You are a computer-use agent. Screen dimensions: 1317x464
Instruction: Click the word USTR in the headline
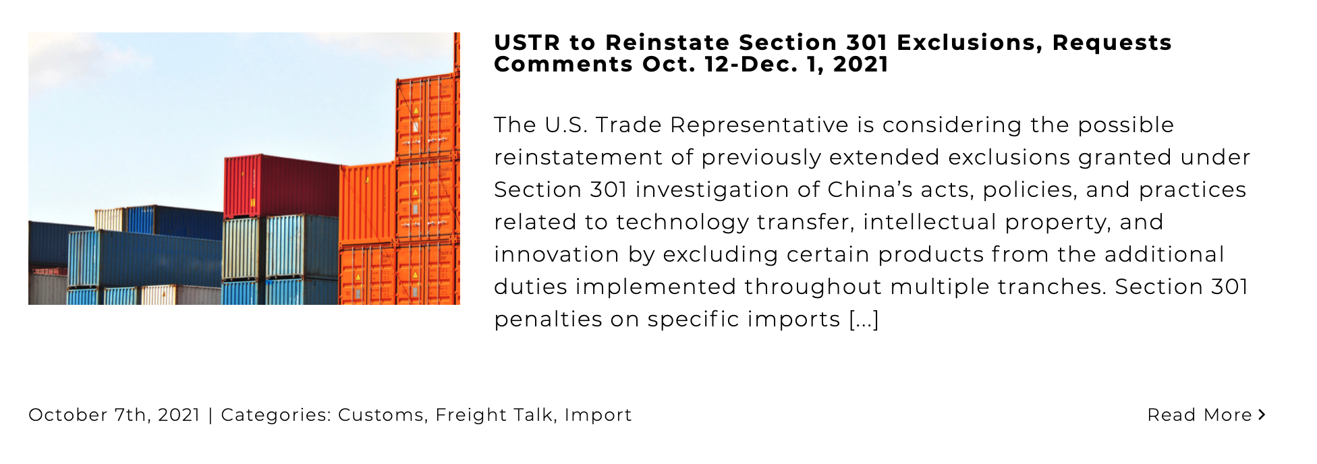pos(527,42)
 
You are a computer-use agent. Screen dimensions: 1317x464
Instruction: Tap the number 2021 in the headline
pos(861,64)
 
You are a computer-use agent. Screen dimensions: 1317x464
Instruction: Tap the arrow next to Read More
pos(1262,415)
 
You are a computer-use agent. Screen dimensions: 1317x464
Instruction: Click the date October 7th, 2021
pos(114,415)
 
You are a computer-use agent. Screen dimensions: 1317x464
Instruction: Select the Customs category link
pos(381,415)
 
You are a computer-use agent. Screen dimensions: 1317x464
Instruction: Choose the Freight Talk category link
pos(494,415)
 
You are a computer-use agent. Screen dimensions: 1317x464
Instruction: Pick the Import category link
pos(598,415)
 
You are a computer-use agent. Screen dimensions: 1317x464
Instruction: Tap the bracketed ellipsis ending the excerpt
pos(864,319)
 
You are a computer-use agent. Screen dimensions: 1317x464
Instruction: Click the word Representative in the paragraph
pos(759,125)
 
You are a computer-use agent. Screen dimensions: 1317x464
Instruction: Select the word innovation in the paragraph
pos(557,254)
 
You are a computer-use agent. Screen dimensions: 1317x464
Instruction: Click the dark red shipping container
pos(281,186)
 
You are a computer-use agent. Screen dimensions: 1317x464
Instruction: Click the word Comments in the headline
pos(563,64)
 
